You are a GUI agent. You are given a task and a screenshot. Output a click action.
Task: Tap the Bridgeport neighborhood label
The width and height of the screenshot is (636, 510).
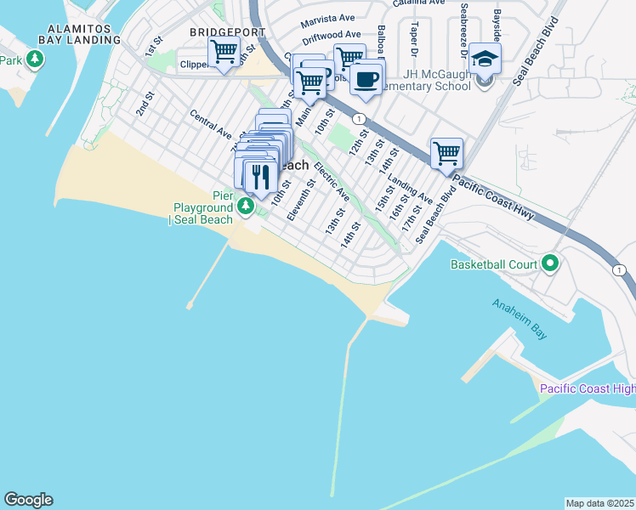point(227,31)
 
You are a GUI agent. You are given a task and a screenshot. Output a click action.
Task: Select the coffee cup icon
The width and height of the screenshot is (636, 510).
point(366,79)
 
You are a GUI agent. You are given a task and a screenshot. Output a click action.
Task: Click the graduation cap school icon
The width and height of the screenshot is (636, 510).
point(485,59)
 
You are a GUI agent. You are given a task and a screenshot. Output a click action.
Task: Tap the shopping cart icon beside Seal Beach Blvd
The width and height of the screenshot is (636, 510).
point(446,154)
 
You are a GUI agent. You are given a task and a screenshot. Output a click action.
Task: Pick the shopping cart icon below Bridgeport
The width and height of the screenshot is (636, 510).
point(224,52)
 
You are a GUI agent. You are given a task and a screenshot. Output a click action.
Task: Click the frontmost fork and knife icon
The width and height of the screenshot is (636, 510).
point(259,176)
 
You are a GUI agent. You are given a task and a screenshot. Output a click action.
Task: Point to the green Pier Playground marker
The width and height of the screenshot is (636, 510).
point(246,205)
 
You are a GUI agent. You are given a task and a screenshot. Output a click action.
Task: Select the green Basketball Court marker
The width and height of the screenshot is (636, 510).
point(550,264)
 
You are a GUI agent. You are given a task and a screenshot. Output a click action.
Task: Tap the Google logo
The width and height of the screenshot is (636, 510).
point(28,500)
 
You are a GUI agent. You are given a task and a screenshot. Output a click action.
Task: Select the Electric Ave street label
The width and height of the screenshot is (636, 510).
point(332,181)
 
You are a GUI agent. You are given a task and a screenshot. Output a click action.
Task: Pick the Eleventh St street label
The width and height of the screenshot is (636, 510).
point(301,200)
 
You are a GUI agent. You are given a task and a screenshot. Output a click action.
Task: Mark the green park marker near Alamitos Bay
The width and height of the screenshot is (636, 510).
point(35,59)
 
